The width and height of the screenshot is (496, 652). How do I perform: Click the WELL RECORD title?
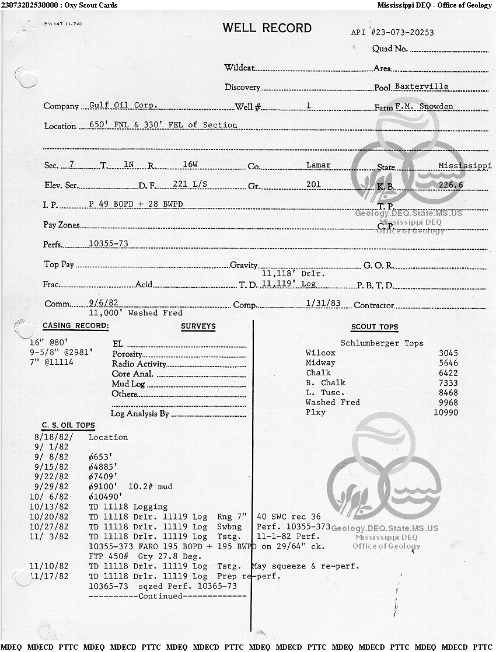point(267,28)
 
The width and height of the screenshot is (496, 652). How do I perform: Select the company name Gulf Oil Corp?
point(123,106)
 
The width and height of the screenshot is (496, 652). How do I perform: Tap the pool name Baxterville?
point(421,86)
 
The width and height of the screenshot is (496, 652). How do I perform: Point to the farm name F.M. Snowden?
point(424,107)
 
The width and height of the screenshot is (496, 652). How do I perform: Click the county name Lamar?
point(318,165)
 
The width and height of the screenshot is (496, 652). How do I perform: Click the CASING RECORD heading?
point(76,325)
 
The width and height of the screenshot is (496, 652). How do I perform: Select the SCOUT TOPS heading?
point(375,327)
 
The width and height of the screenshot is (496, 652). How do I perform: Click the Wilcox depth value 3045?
point(448,353)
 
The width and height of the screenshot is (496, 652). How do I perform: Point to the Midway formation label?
point(320,363)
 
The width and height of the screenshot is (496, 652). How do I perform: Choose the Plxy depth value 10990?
point(446,413)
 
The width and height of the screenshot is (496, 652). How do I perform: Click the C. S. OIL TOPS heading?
point(68,425)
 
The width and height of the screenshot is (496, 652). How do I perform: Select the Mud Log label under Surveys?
point(128,384)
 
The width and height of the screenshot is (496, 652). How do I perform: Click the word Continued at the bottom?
point(160,596)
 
